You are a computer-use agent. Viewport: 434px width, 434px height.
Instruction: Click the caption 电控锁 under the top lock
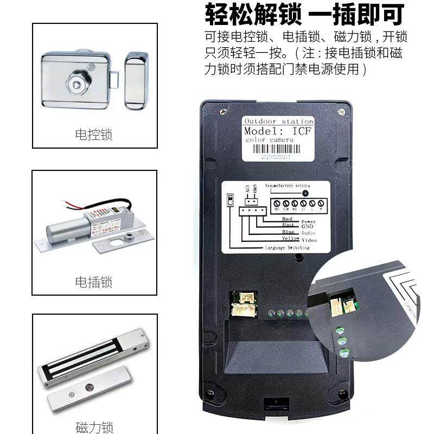pos(94,135)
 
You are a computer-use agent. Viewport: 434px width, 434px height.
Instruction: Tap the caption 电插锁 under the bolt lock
pos(94,282)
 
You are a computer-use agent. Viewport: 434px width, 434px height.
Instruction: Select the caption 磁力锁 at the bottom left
pos(94,427)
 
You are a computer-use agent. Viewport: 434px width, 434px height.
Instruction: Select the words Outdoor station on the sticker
pos(278,121)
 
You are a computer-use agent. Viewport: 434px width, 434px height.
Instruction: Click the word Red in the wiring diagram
pos(287,219)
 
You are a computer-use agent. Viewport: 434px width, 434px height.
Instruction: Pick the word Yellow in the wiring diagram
pos(290,239)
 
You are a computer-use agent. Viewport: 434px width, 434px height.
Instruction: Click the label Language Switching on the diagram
pos(287,247)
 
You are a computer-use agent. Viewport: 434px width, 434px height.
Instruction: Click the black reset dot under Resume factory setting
pos(305,193)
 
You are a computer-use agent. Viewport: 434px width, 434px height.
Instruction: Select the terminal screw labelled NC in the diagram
pos(278,205)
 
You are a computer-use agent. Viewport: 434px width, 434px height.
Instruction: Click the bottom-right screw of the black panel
pos(341,392)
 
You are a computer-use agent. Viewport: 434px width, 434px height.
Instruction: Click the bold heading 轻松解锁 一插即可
pos(304,15)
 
